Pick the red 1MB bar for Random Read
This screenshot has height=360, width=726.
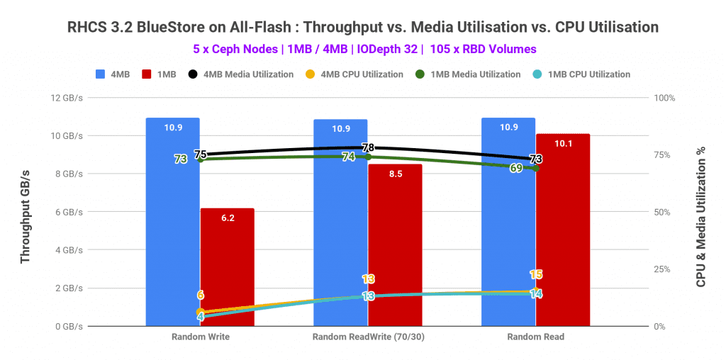point(562,234)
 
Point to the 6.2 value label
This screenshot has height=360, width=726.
point(228,218)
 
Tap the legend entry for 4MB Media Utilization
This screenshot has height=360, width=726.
point(240,74)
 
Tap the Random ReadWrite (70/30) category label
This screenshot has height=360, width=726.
point(367,337)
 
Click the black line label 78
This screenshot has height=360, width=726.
point(369,148)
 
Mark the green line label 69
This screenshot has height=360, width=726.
point(517,168)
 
